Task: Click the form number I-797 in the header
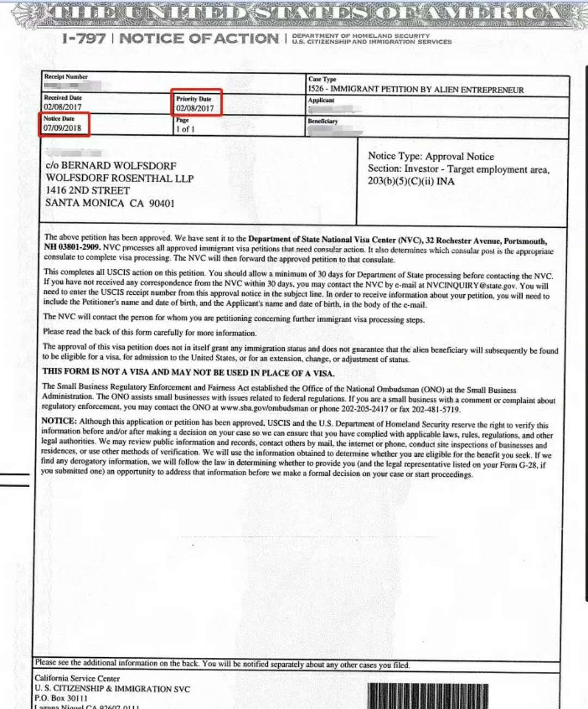84,38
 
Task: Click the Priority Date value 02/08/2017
195,108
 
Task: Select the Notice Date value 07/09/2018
62,128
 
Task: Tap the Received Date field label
63,98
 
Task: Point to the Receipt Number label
66,77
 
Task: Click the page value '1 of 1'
185,129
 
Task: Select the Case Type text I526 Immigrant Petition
416,89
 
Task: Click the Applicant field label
321,100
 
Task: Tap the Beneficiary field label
323,121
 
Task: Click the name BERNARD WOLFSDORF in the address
118,166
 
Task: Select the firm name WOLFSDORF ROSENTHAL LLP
120,178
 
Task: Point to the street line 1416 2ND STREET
88,190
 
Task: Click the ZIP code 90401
162,203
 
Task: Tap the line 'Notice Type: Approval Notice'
431,156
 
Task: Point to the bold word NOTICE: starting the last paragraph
59,421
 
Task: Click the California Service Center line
77,678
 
